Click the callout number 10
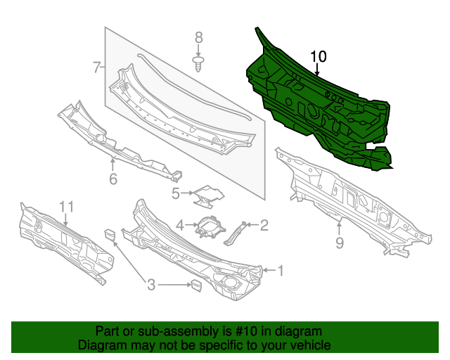coord(318,56)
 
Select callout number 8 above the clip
coord(198,38)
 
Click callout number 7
coord(96,67)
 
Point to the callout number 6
coord(112,179)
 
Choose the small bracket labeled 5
coord(207,195)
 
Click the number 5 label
coord(176,192)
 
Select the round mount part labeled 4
coord(208,227)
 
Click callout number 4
coord(180,225)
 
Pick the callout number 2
coord(264,225)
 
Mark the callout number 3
coord(150,285)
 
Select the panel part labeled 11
coord(63,243)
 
